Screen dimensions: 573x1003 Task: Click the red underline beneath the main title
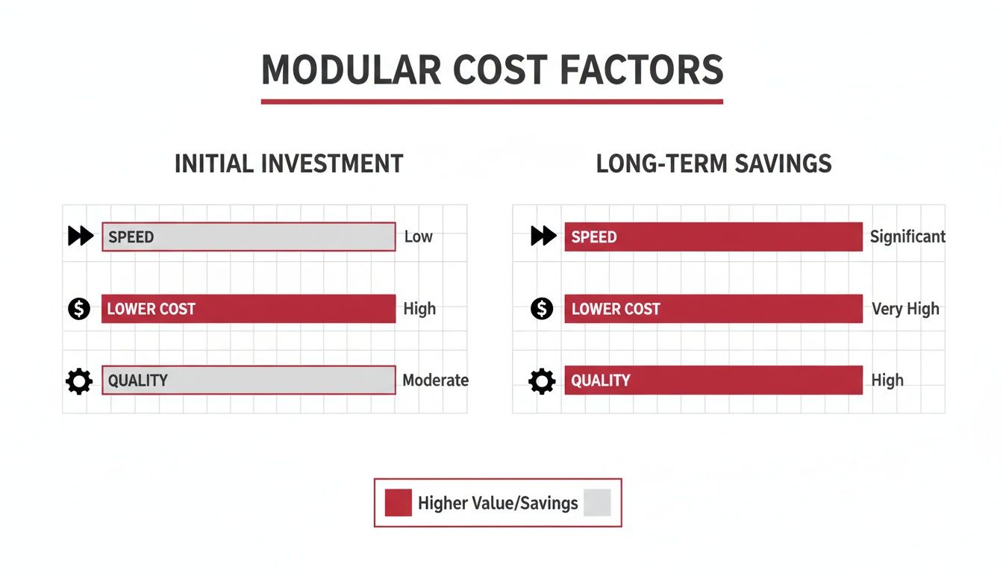point(492,101)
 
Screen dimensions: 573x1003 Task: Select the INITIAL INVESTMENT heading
point(289,164)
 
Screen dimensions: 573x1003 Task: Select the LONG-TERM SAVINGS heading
point(713,164)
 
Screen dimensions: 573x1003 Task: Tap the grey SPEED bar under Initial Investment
point(249,237)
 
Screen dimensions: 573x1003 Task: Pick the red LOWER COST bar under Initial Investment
point(249,309)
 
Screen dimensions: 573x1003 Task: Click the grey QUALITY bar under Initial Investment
point(249,381)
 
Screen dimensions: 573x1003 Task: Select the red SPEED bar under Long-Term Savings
point(713,237)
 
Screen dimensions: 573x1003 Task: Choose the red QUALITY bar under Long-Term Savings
point(713,381)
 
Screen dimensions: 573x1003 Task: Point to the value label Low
point(418,237)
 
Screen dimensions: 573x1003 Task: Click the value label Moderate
point(435,381)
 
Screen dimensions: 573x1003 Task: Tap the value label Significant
point(907,237)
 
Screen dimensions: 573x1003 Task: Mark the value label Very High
point(905,309)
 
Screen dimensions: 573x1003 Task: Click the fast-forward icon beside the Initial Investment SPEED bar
point(81,237)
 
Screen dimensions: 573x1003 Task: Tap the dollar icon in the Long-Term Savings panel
point(541,308)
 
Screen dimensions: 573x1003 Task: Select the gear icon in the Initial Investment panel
point(79,381)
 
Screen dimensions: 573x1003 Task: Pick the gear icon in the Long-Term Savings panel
point(542,381)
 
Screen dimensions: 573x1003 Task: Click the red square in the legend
point(398,503)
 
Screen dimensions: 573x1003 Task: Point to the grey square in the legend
point(597,503)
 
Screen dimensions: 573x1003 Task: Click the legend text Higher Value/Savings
point(498,504)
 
